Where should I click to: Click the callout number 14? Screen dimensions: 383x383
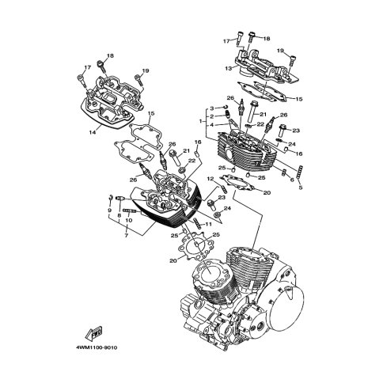point(92,133)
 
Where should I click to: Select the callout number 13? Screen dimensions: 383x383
point(229,68)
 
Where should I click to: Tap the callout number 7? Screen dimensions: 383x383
point(126,235)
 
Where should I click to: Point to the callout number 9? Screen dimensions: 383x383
point(110,210)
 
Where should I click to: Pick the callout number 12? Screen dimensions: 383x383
point(210,179)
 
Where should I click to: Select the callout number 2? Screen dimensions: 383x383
point(211,116)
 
